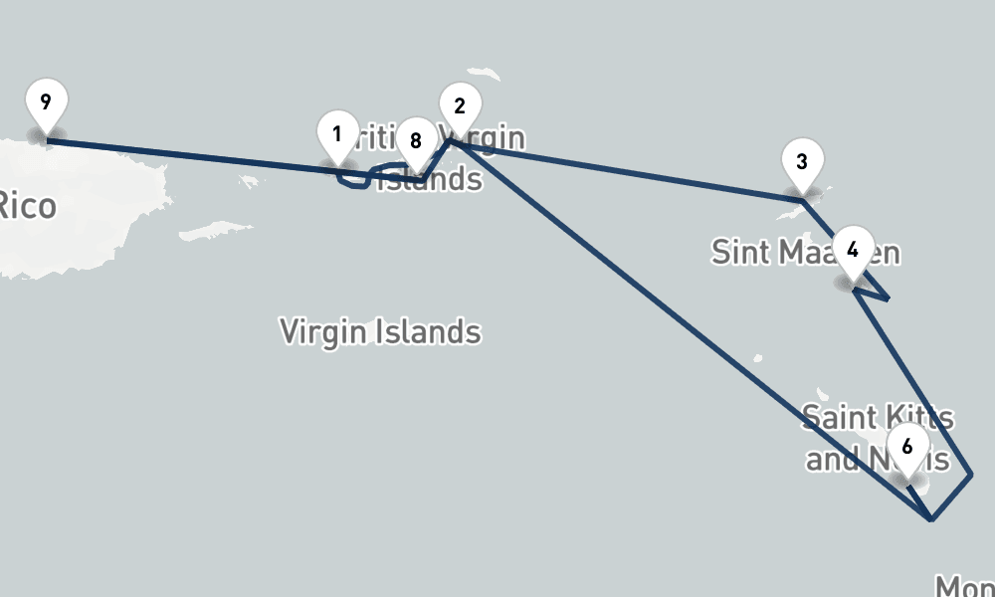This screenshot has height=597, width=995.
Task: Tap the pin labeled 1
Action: [x=337, y=134]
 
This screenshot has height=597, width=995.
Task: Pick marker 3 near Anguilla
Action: [x=802, y=162]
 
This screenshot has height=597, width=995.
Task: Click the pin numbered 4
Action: [x=853, y=250]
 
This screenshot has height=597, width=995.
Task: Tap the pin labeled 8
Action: [x=416, y=141]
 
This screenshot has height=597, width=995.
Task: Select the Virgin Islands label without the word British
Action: [x=380, y=331]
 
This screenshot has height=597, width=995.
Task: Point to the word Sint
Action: [x=741, y=252]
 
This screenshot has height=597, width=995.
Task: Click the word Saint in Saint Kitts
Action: [x=840, y=418]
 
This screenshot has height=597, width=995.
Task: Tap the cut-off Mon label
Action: [x=963, y=585]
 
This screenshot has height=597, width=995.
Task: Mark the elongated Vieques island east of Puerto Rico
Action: [x=216, y=230]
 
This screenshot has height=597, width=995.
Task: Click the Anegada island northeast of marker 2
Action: [x=486, y=74]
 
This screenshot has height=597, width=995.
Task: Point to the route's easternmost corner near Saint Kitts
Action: [x=971, y=478]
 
